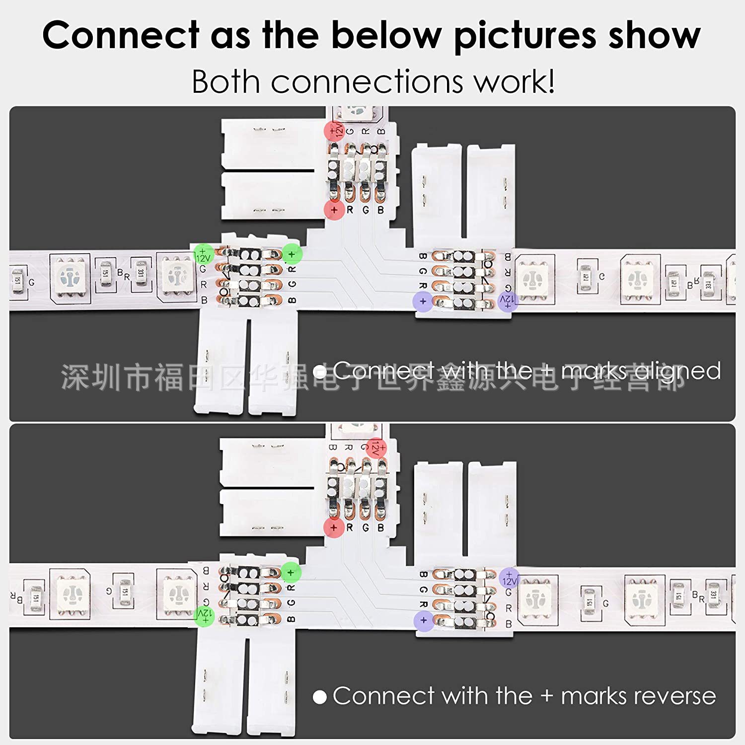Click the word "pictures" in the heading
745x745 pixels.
(x=525, y=36)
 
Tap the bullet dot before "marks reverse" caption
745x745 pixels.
(x=320, y=697)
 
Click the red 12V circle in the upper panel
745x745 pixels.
(x=334, y=131)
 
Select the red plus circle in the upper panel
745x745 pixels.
(x=334, y=210)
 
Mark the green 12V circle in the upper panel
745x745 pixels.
(x=203, y=254)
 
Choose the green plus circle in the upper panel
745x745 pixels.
(x=292, y=254)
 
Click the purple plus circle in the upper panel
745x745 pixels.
(x=423, y=300)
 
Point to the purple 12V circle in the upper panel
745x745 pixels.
(x=508, y=300)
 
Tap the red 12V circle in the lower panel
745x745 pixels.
(x=376, y=447)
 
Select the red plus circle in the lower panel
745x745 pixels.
(x=334, y=527)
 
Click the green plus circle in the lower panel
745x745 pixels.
(x=291, y=572)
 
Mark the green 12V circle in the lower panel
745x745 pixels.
(x=204, y=616)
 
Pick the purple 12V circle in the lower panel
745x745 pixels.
(x=509, y=577)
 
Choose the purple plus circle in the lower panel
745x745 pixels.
(x=423, y=619)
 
